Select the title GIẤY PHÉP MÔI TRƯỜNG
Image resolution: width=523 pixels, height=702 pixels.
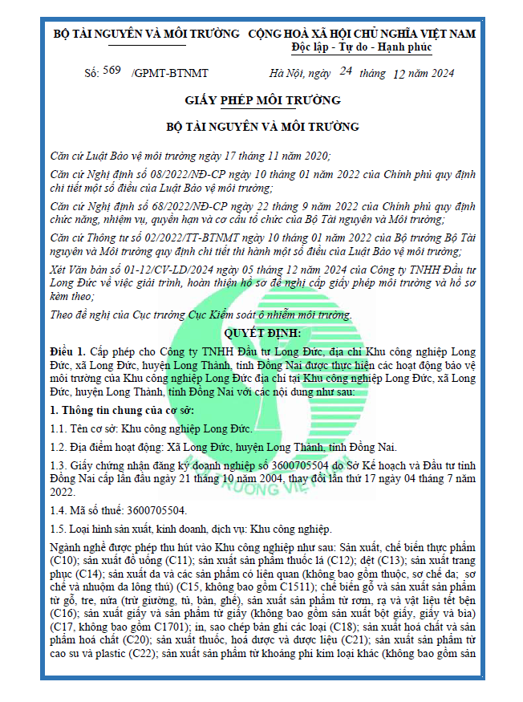click(x=262, y=100)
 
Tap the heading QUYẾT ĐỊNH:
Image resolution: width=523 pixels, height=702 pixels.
click(x=262, y=333)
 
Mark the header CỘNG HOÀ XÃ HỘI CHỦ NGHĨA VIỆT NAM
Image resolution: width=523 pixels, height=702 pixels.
click(x=362, y=34)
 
